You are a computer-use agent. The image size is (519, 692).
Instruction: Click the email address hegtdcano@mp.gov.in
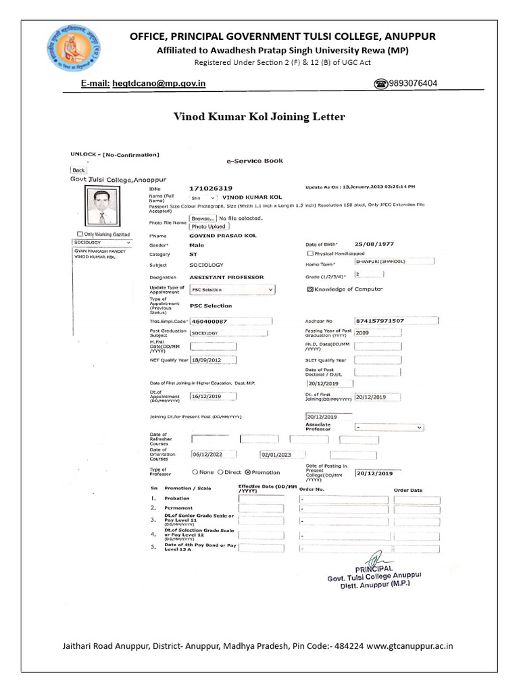click(162, 84)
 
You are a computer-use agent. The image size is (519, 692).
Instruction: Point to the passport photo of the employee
click(101, 207)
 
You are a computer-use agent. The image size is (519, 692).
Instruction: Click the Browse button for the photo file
click(202, 219)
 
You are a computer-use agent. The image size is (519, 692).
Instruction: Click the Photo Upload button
click(207, 227)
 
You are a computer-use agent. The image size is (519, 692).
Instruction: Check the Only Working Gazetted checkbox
click(79, 234)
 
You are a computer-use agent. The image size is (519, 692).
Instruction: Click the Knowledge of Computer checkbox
click(310, 289)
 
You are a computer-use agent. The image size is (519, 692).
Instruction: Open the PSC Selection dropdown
click(232, 290)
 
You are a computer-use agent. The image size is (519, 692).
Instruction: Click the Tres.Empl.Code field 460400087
click(231, 322)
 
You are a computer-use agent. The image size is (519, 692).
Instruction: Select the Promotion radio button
click(247, 472)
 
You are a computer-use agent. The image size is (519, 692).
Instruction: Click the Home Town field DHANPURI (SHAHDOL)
click(394, 261)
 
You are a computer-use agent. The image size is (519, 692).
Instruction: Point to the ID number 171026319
click(211, 188)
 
